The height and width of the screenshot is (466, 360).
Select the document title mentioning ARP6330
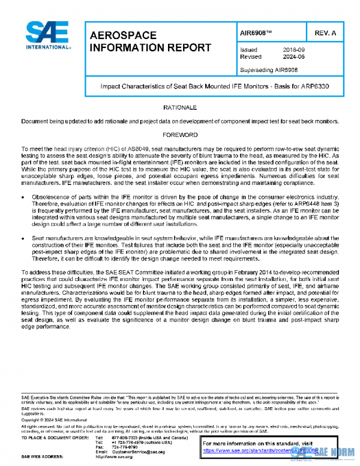tap(213, 87)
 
